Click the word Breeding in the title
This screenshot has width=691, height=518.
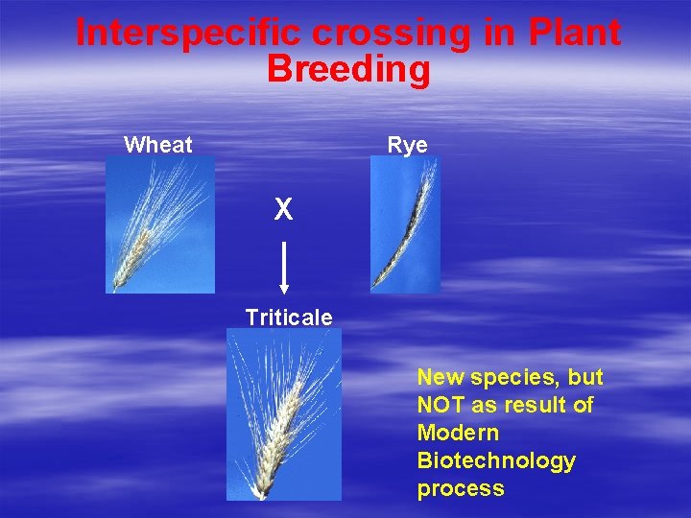348,69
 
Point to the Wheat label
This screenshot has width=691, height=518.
158,145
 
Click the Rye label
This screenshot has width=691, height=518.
407,145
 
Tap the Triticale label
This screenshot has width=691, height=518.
289,318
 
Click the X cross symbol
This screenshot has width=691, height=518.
283,210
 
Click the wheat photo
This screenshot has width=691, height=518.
160,224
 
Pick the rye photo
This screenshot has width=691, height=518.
405,224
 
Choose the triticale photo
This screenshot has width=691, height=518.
283,414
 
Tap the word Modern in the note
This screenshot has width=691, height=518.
458,434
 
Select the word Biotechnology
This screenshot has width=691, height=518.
496,461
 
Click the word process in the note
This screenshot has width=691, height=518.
460,489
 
